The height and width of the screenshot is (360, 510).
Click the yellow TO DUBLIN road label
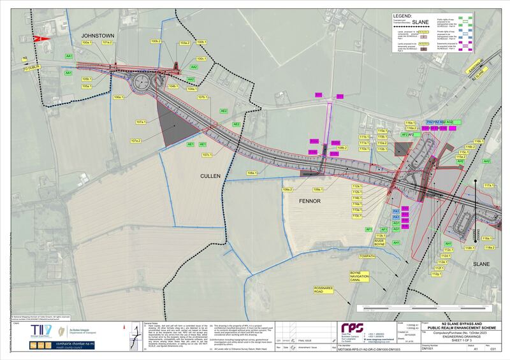point(33,68)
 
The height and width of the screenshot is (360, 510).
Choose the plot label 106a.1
point(119,97)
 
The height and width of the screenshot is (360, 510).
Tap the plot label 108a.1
point(235,173)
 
